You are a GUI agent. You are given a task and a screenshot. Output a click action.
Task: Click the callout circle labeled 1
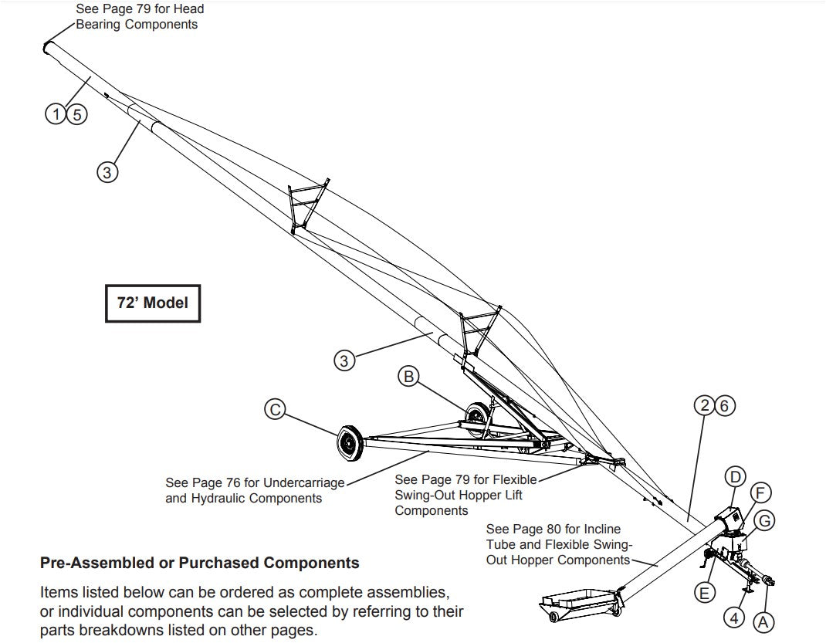pyautogui.click(x=55, y=115)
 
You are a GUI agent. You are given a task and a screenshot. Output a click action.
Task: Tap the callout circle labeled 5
pyautogui.click(x=77, y=115)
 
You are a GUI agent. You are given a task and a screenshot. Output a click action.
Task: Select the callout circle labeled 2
pyautogui.click(x=703, y=405)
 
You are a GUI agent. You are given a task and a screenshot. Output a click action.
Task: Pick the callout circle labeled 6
pyautogui.click(x=724, y=405)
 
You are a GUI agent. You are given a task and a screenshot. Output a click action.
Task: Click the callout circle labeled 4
pyautogui.click(x=734, y=618)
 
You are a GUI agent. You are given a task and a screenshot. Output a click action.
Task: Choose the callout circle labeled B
pyautogui.click(x=409, y=377)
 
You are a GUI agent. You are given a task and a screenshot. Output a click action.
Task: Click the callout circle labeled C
pyautogui.click(x=274, y=410)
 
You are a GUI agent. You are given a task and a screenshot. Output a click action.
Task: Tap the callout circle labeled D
pyautogui.click(x=736, y=476)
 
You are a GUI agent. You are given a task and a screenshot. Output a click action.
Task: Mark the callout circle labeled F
pyautogui.click(x=760, y=492)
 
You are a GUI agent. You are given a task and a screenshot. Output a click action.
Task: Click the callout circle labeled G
pyautogui.click(x=764, y=520)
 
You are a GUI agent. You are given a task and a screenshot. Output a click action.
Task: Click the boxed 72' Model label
pyautogui.click(x=152, y=303)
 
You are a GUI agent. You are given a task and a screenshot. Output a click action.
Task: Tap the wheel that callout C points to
pyautogui.click(x=350, y=442)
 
